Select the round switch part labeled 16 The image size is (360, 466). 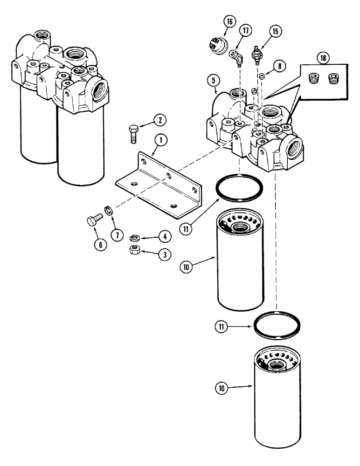216,46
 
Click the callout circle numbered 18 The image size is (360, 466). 322,58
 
